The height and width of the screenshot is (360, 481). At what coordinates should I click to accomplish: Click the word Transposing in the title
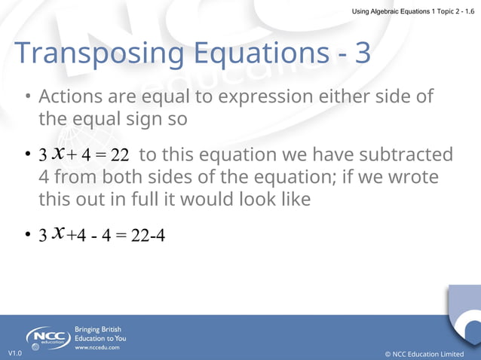point(99,53)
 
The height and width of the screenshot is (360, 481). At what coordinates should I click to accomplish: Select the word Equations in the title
point(264,53)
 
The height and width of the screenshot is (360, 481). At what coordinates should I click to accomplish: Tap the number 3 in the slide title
point(362,53)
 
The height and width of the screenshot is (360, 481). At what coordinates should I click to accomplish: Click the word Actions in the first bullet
point(69,97)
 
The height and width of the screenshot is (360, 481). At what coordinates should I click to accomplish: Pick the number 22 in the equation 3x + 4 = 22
point(120,155)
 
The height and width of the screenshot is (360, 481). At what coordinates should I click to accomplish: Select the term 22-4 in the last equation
point(148,236)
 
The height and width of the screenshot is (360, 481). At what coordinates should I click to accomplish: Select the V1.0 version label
point(15,353)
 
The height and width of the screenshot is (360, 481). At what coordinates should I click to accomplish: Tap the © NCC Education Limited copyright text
point(424,353)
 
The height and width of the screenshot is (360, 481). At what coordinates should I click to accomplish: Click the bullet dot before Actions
point(27,98)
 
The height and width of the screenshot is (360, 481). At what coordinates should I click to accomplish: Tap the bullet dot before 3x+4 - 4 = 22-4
point(27,236)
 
